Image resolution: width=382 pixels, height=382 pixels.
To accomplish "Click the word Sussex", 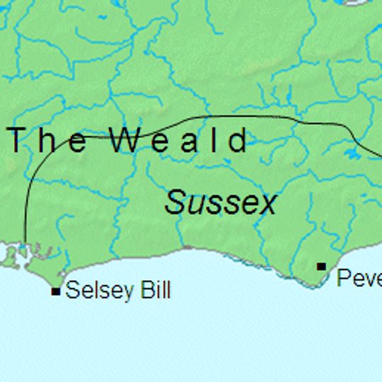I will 220,203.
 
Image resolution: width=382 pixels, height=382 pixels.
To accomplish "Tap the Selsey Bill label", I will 117,290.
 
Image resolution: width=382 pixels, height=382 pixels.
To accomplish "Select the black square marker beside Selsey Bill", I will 56,291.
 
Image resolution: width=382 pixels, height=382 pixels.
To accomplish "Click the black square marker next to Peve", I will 321,266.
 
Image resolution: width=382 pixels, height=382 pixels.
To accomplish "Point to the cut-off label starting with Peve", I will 359,277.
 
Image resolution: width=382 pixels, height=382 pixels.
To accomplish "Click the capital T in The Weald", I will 18,140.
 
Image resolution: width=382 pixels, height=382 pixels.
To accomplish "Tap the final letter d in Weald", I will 241,140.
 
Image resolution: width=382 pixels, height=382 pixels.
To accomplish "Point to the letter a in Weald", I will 185,141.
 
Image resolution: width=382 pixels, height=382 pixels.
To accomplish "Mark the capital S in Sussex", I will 174,203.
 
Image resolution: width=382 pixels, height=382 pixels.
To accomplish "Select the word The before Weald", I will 49,140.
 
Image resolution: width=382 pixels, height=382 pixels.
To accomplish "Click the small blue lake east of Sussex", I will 352,154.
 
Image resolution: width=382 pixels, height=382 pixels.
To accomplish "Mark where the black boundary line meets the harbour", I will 25,244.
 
